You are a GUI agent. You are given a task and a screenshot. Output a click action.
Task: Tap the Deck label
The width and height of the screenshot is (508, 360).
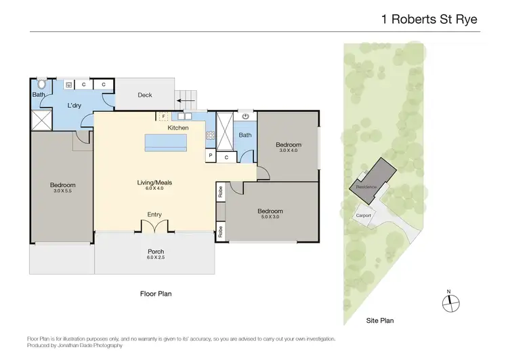click(145, 95)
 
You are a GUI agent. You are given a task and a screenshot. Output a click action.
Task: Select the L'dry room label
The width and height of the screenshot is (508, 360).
click(75, 106)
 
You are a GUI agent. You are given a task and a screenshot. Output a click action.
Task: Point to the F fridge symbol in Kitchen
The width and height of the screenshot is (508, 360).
click(163, 117)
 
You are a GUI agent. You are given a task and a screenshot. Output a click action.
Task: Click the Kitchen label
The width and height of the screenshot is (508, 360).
click(178, 127)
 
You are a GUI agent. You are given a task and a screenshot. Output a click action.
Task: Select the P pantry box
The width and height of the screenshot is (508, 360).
click(211, 157)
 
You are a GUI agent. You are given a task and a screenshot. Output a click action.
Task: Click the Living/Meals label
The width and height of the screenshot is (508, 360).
click(154, 183)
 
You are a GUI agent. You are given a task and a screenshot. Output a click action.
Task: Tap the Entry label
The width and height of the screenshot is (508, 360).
click(154, 215)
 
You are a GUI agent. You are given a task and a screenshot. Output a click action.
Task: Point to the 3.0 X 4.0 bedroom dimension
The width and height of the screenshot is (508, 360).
click(287, 151)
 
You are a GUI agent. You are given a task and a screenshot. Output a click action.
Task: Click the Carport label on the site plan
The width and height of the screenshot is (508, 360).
click(364, 216)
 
